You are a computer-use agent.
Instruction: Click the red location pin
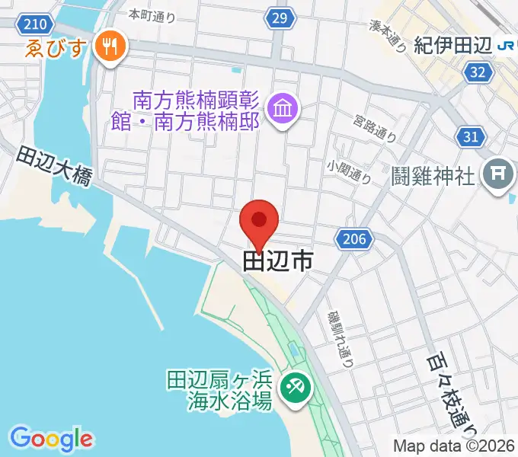[x=259, y=222]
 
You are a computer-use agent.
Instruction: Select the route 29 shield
[x=281, y=18]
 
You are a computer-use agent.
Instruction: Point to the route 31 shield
[x=472, y=136]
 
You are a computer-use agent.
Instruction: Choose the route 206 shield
[x=353, y=239]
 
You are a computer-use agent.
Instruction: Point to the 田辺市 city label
[x=278, y=262]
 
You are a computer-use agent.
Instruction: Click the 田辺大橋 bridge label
[x=55, y=167]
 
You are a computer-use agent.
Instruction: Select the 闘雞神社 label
[x=434, y=176]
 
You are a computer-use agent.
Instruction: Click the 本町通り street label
[x=152, y=14]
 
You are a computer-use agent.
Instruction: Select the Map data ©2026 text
[x=454, y=446]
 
